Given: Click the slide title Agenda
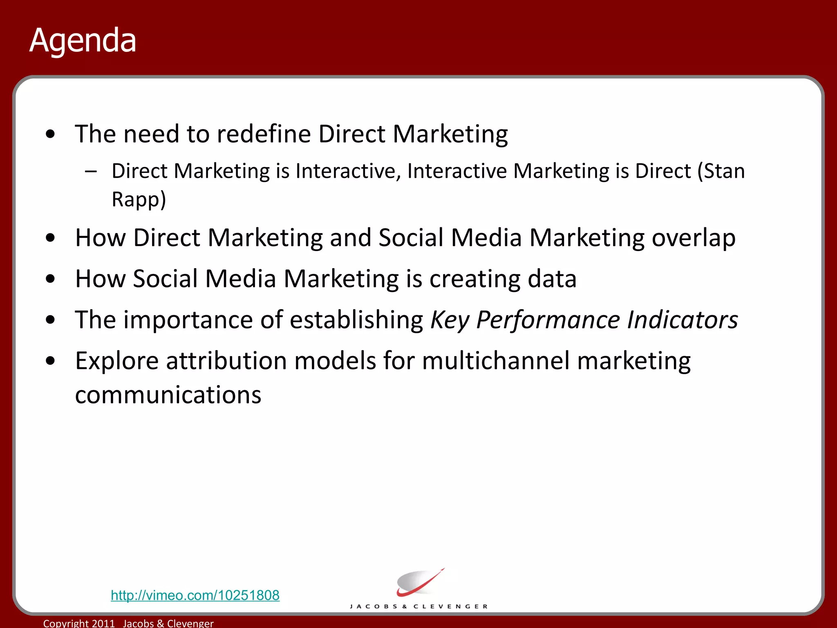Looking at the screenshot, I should [83, 41].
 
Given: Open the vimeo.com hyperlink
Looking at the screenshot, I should [195, 595].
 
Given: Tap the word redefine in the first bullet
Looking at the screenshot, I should [264, 134].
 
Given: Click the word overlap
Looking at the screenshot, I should [694, 238].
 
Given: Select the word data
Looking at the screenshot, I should [552, 279].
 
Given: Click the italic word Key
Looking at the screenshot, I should [450, 321].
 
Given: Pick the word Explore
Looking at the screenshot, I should [117, 361].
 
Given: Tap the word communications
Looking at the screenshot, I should [168, 395].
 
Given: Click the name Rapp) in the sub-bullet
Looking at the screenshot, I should [139, 200].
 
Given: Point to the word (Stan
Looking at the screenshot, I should [721, 171].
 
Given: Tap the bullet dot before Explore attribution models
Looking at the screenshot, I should [50, 361].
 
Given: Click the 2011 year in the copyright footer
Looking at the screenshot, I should [103, 623].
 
